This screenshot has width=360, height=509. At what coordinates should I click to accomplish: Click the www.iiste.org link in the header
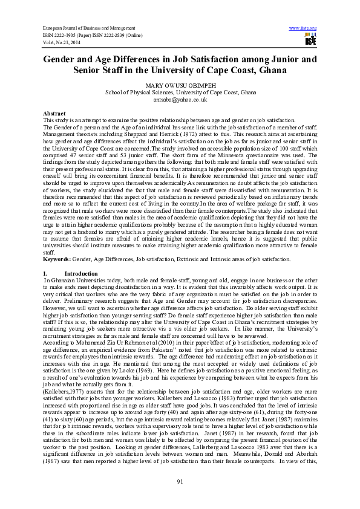[x=303, y=28]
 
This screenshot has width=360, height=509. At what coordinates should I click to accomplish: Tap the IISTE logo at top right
[x=310, y=41]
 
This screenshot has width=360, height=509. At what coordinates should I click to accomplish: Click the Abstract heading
[x=55, y=114]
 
